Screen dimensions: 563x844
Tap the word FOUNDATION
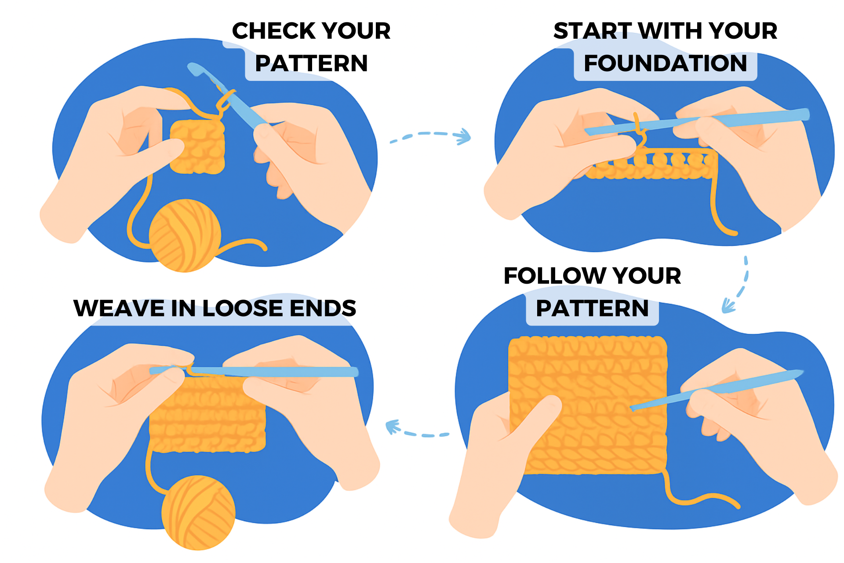665,63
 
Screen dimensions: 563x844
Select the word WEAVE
118,308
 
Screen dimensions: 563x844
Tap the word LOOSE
242,308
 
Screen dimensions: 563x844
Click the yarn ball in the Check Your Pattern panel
185,235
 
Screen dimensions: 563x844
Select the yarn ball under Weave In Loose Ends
198,513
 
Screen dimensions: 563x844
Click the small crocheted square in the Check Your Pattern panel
198,147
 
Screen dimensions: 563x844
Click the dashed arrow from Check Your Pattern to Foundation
431,135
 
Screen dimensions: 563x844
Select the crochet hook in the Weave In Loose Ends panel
273,372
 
